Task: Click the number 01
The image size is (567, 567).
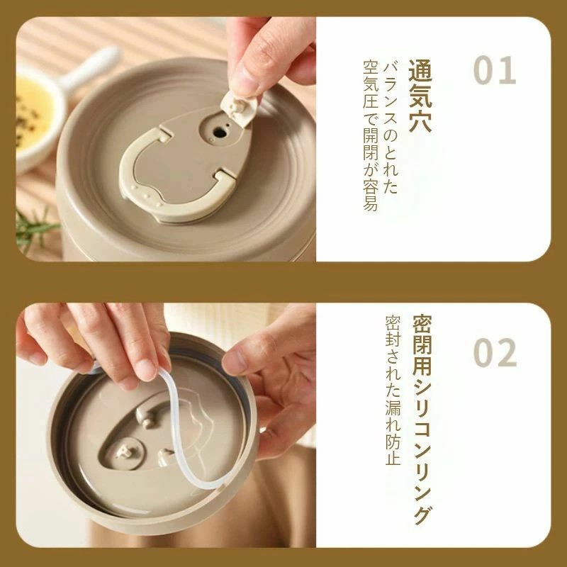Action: click(494, 70)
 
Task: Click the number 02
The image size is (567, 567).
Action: click(495, 352)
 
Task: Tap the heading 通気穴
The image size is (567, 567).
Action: click(420, 96)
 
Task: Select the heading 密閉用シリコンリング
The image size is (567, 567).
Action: click(422, 420)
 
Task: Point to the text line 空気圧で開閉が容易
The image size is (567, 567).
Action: click(371, 135)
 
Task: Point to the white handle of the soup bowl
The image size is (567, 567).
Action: click(90, 69)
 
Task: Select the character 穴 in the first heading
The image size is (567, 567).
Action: click(420, 121)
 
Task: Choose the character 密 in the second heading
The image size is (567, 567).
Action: click(422, 325)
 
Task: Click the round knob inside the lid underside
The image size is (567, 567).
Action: click(124, 453)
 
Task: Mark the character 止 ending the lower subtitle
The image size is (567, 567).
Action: click(393, 458)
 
